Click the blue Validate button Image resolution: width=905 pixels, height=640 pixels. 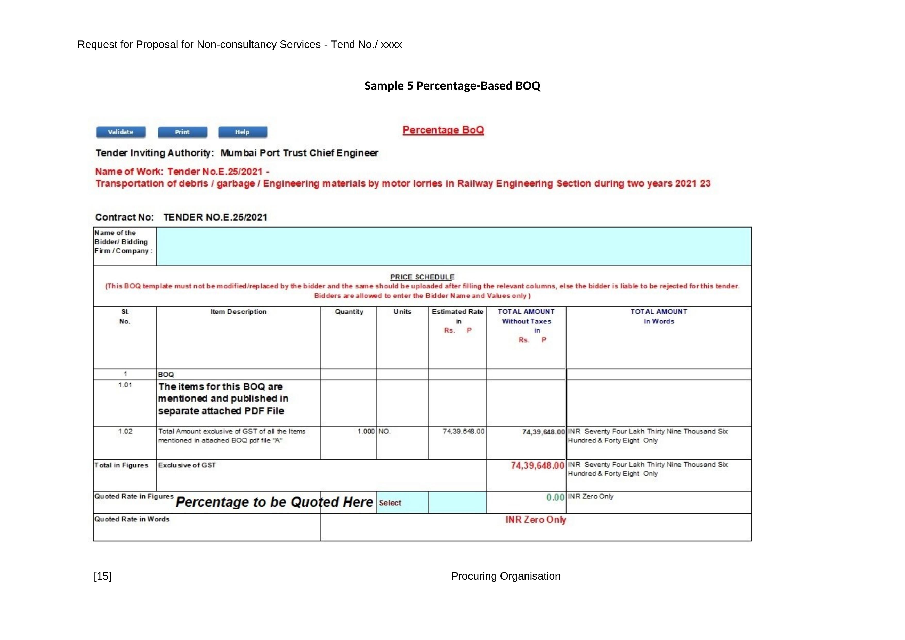click(x=121, y=132)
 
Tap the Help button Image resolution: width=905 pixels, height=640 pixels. click(x=243, y=132)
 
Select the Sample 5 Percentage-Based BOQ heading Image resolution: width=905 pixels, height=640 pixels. click(x=452, y=86)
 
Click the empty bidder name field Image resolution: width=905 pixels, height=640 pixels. click(x=453, y=246)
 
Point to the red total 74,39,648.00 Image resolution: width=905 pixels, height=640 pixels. click(x=537, y=466)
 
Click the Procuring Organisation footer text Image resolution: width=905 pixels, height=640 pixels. click(x=505, y=576)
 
